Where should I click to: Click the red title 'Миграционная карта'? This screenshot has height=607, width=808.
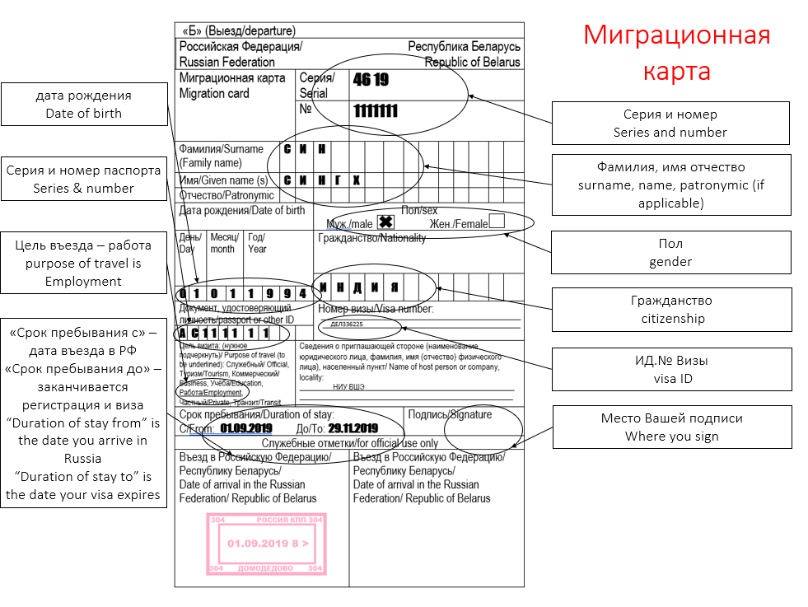click(x=677, y=53)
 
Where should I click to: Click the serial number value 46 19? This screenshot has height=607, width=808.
click(x=371, y=80)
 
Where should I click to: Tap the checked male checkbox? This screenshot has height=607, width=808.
click(x=385, y=222)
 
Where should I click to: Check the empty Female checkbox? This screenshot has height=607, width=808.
click(x=497, y=221)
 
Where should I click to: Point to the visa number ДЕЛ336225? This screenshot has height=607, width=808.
click(x=347, y=325)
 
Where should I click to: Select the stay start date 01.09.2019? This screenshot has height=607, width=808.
click(x=247, y=428)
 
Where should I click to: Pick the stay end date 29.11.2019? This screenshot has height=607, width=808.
click(x=353, y=428)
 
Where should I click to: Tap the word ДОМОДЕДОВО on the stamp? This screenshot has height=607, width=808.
click(x=265, y=568)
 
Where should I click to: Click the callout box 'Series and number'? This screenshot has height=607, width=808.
click(x=670, y=124)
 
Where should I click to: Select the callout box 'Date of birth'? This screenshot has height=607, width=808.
click(x=83, y=105)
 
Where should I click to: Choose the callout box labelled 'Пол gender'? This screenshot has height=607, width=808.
click(x=670, y=253)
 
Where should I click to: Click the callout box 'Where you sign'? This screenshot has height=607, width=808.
click(x=670, y=427)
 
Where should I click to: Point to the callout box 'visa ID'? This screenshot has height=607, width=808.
click(x=670, y=370)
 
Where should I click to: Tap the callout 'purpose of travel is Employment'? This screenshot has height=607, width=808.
click(x=83, y=264)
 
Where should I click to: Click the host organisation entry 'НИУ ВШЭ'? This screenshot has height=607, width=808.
click(x=349, y=386)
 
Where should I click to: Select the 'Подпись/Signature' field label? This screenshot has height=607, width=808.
click(x=450, y=414)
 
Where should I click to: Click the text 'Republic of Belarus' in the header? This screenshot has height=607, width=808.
click(x=473, y=62)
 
